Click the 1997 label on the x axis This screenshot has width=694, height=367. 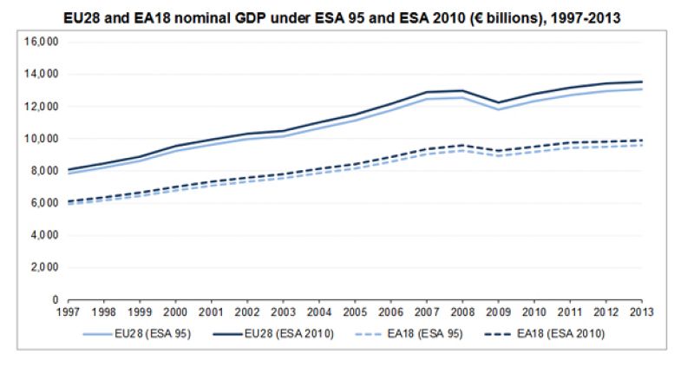click(x=68, y=311)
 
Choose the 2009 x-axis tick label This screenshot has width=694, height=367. click(x=498, y=311)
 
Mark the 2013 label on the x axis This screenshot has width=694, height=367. click(x=641, y=311)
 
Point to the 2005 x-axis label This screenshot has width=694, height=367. click(x=354, y=311)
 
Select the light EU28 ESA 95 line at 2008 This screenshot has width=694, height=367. click(x=462, y=97)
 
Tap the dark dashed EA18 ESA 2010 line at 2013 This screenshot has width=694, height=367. click(x=641, y=141)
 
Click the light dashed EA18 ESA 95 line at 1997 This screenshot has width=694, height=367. click(x=68, y=204)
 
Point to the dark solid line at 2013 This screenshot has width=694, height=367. click(x=641, y=82)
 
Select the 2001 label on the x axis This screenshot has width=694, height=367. click(x=211, y=311)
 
